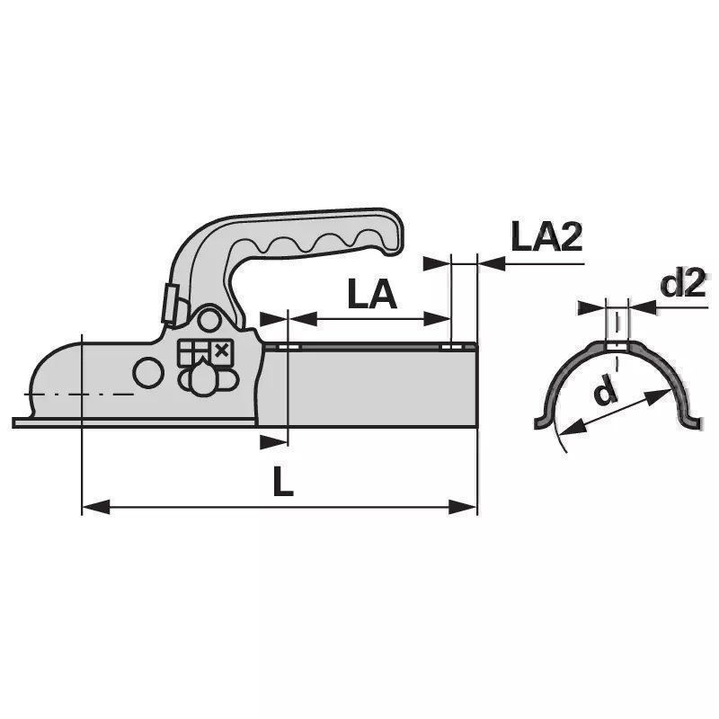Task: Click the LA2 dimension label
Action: coord(546,236)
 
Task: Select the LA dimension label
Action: coord(372,294)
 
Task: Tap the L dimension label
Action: coord(282,481)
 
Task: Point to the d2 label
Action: coord(683,284)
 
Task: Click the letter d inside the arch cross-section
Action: coord(605,391)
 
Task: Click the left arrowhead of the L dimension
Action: coord(96,507)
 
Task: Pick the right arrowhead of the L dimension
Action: coord(463,507)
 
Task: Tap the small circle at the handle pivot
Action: coord(209,321)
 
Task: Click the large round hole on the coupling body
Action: coord(148,373)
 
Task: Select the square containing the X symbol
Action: coord(222,351)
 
